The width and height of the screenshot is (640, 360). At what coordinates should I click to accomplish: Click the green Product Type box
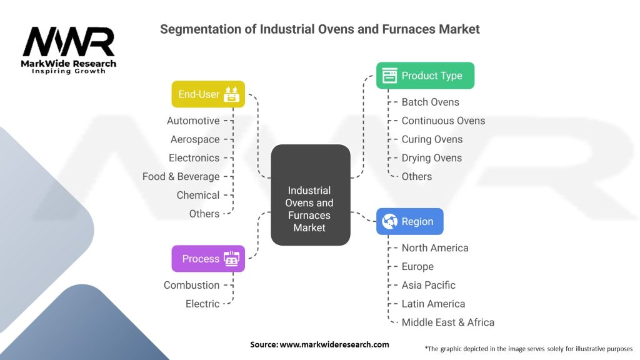coord(425,76)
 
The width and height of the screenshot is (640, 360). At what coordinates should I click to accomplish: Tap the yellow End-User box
coord(208,94)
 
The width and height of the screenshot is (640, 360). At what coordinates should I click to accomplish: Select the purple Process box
coord(208,259)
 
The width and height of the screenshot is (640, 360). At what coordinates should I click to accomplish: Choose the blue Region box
coord(409,221)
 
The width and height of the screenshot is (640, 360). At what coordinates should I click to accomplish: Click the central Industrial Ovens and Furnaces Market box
coord(310,194)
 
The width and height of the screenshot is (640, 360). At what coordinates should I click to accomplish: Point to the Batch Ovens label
coord(430,102)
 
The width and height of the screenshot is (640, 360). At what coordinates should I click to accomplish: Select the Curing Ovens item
coord(432,139)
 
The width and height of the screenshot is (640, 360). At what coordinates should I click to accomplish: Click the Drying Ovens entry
coord(431,158)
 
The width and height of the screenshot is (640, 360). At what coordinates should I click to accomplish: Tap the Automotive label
coord(193,121)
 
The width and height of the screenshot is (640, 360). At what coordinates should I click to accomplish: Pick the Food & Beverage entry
coord(181,177)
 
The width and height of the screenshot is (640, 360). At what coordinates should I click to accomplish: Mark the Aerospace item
coord(195,139)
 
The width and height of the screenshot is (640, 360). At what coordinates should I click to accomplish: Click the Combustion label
coord(191,285)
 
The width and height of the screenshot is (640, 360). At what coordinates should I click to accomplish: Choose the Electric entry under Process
coord(202,304)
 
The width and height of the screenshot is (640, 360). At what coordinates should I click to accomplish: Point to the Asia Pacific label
coord(428,285)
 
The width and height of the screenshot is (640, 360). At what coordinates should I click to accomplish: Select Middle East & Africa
coord(447,322)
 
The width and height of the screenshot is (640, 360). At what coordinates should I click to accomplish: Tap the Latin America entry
coord(433,304)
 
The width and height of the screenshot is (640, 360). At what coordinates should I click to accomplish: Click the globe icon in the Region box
coord(390,221)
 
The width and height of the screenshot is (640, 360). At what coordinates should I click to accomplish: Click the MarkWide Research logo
coord(69,50)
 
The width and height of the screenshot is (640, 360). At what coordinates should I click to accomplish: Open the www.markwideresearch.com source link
coord(334,344)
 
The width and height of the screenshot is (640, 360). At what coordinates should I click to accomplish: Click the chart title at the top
coord(319,29)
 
